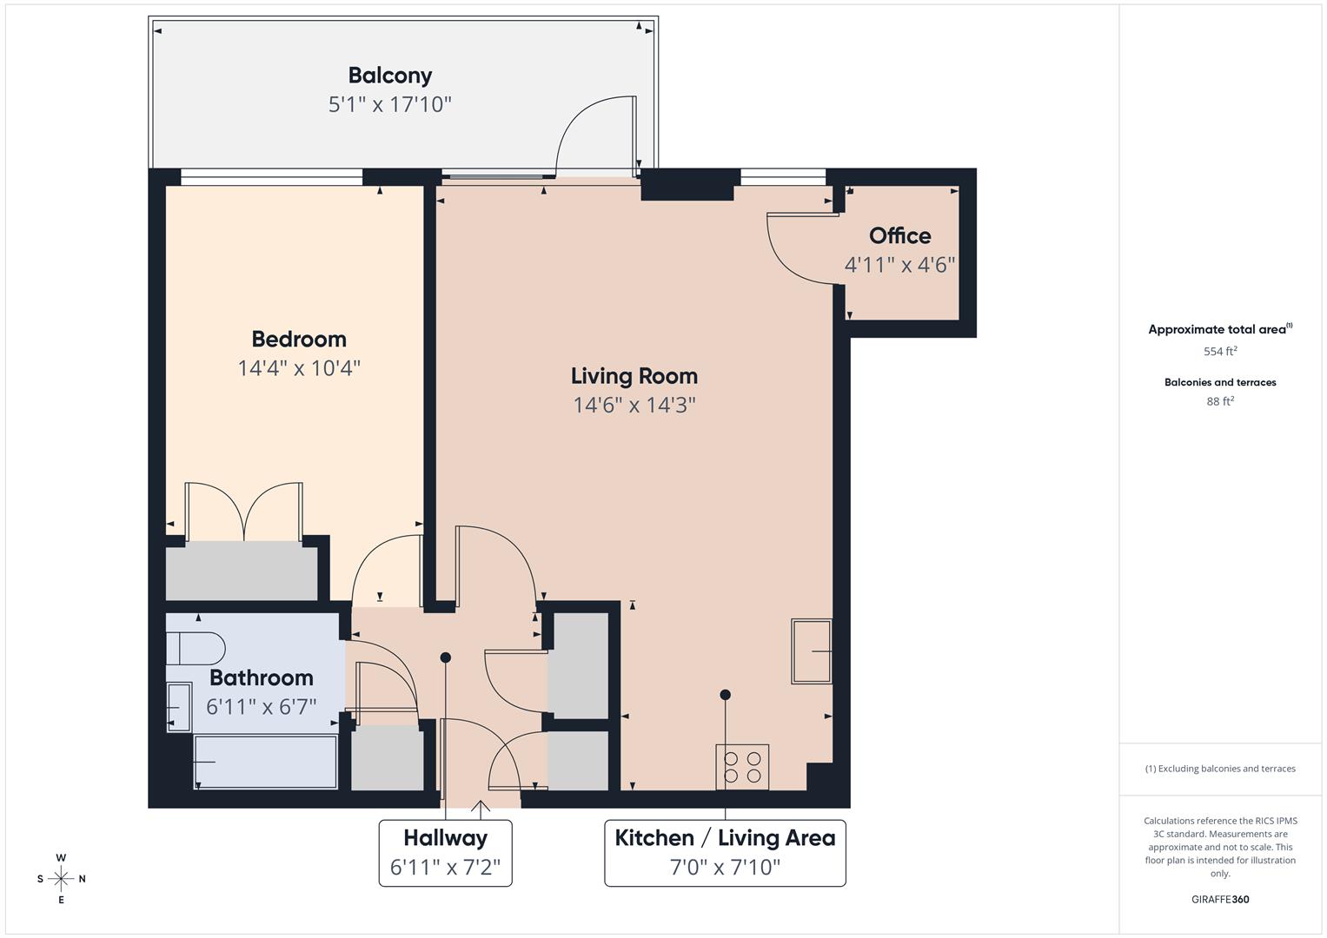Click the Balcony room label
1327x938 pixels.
390,76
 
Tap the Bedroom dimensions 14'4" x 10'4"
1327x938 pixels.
299,368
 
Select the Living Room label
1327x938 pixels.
634,376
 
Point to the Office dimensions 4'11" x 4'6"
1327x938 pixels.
899,265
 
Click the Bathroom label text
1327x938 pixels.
261,677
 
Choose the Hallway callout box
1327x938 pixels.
445,852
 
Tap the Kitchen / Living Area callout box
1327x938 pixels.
725,852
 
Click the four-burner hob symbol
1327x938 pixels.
742,767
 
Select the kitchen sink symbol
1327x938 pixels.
811,651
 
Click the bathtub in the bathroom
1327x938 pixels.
265,762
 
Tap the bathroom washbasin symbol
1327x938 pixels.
178,707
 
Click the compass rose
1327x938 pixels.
61,879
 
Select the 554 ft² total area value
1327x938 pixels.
1220,352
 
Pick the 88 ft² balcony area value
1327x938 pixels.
1220,401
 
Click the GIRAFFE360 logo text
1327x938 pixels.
1220,899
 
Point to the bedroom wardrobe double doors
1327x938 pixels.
245,512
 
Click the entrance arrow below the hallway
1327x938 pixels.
481,809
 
